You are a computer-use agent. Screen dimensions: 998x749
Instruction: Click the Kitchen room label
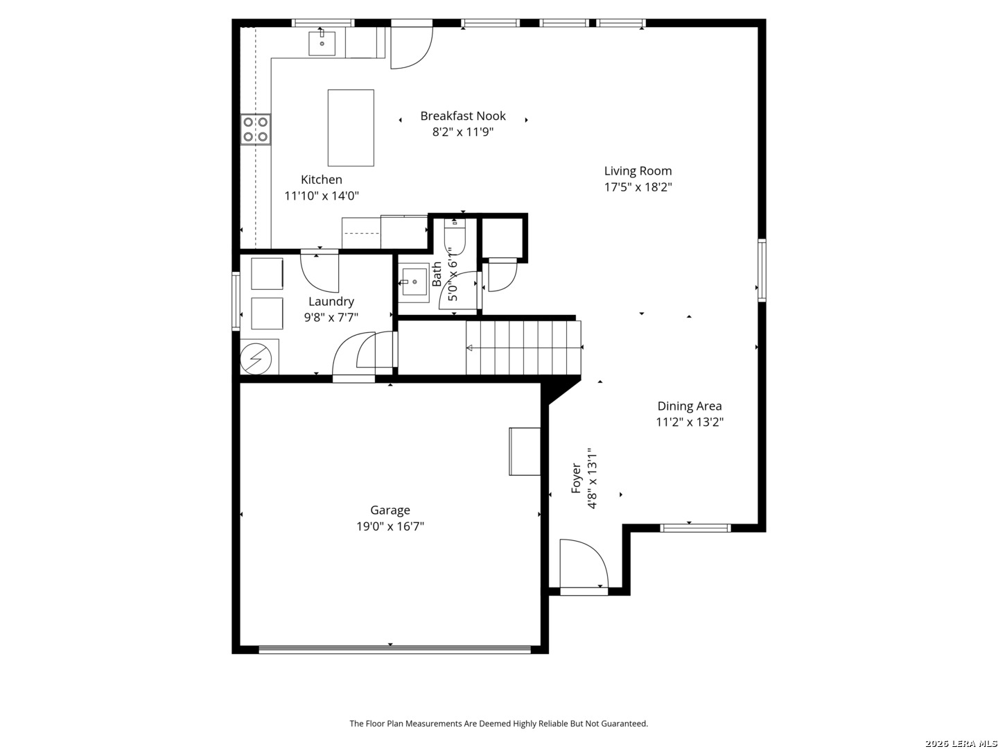point(321,180)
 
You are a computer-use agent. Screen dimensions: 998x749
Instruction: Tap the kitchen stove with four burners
point(256,130)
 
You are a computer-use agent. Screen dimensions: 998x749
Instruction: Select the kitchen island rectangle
point(351,128)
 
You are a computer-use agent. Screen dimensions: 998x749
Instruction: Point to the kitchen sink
point(322,44)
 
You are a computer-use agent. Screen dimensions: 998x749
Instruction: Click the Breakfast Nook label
point(462,116)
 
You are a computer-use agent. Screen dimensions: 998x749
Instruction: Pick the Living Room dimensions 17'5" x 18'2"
point(638,187)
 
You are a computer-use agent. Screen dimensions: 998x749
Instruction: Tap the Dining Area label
point(689,406)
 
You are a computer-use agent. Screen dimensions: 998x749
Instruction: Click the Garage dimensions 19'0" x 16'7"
point(389,526)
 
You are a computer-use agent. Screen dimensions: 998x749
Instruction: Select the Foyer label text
point(576,478)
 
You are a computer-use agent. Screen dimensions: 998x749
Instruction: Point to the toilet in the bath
point(455,236)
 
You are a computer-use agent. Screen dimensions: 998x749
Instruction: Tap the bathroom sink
point(414,282)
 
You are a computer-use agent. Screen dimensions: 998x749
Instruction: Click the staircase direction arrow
point(524,348)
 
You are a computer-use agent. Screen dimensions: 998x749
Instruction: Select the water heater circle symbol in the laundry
point(256,359)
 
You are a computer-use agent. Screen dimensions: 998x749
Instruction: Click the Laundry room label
point(331,302)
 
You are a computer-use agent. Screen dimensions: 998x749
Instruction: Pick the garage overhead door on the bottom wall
point(394,649)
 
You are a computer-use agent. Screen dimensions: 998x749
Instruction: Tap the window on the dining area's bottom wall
point(695,528)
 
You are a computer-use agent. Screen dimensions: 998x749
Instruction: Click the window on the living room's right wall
point(762,270)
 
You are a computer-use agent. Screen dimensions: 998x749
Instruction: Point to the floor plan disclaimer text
point(498,723)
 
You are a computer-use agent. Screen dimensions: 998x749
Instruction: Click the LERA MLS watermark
point(961,743)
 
